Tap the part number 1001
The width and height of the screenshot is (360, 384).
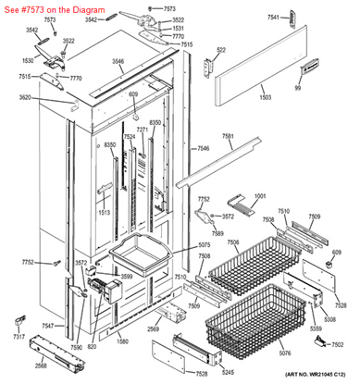259,196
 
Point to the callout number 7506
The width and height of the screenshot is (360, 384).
233,242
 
